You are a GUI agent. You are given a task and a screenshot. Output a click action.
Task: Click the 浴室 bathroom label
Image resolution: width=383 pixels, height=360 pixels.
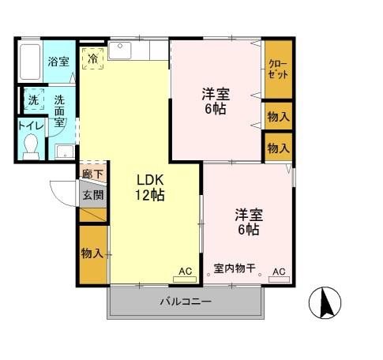click(58, 61)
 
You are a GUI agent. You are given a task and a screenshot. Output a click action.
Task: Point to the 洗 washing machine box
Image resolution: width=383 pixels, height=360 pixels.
click(33, 100)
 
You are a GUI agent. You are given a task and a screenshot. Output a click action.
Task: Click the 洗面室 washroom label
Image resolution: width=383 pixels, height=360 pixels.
click(60, 107)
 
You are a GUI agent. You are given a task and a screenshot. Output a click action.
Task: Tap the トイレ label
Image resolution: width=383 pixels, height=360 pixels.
click(30, 126)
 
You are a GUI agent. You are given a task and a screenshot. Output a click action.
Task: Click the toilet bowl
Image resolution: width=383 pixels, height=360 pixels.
click(31, 147)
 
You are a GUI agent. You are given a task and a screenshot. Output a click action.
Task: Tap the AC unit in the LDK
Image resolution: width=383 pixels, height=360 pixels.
click(185, 272)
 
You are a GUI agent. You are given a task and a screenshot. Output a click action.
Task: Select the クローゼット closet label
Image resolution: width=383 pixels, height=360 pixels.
click(277, 69)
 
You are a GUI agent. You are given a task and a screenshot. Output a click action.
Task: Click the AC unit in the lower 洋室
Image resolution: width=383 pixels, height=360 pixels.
click(278, 272)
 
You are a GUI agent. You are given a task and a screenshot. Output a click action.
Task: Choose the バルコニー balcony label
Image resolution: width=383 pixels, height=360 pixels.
click(185, 302)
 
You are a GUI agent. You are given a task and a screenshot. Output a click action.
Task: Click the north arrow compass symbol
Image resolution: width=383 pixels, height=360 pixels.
click(331, 302)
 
